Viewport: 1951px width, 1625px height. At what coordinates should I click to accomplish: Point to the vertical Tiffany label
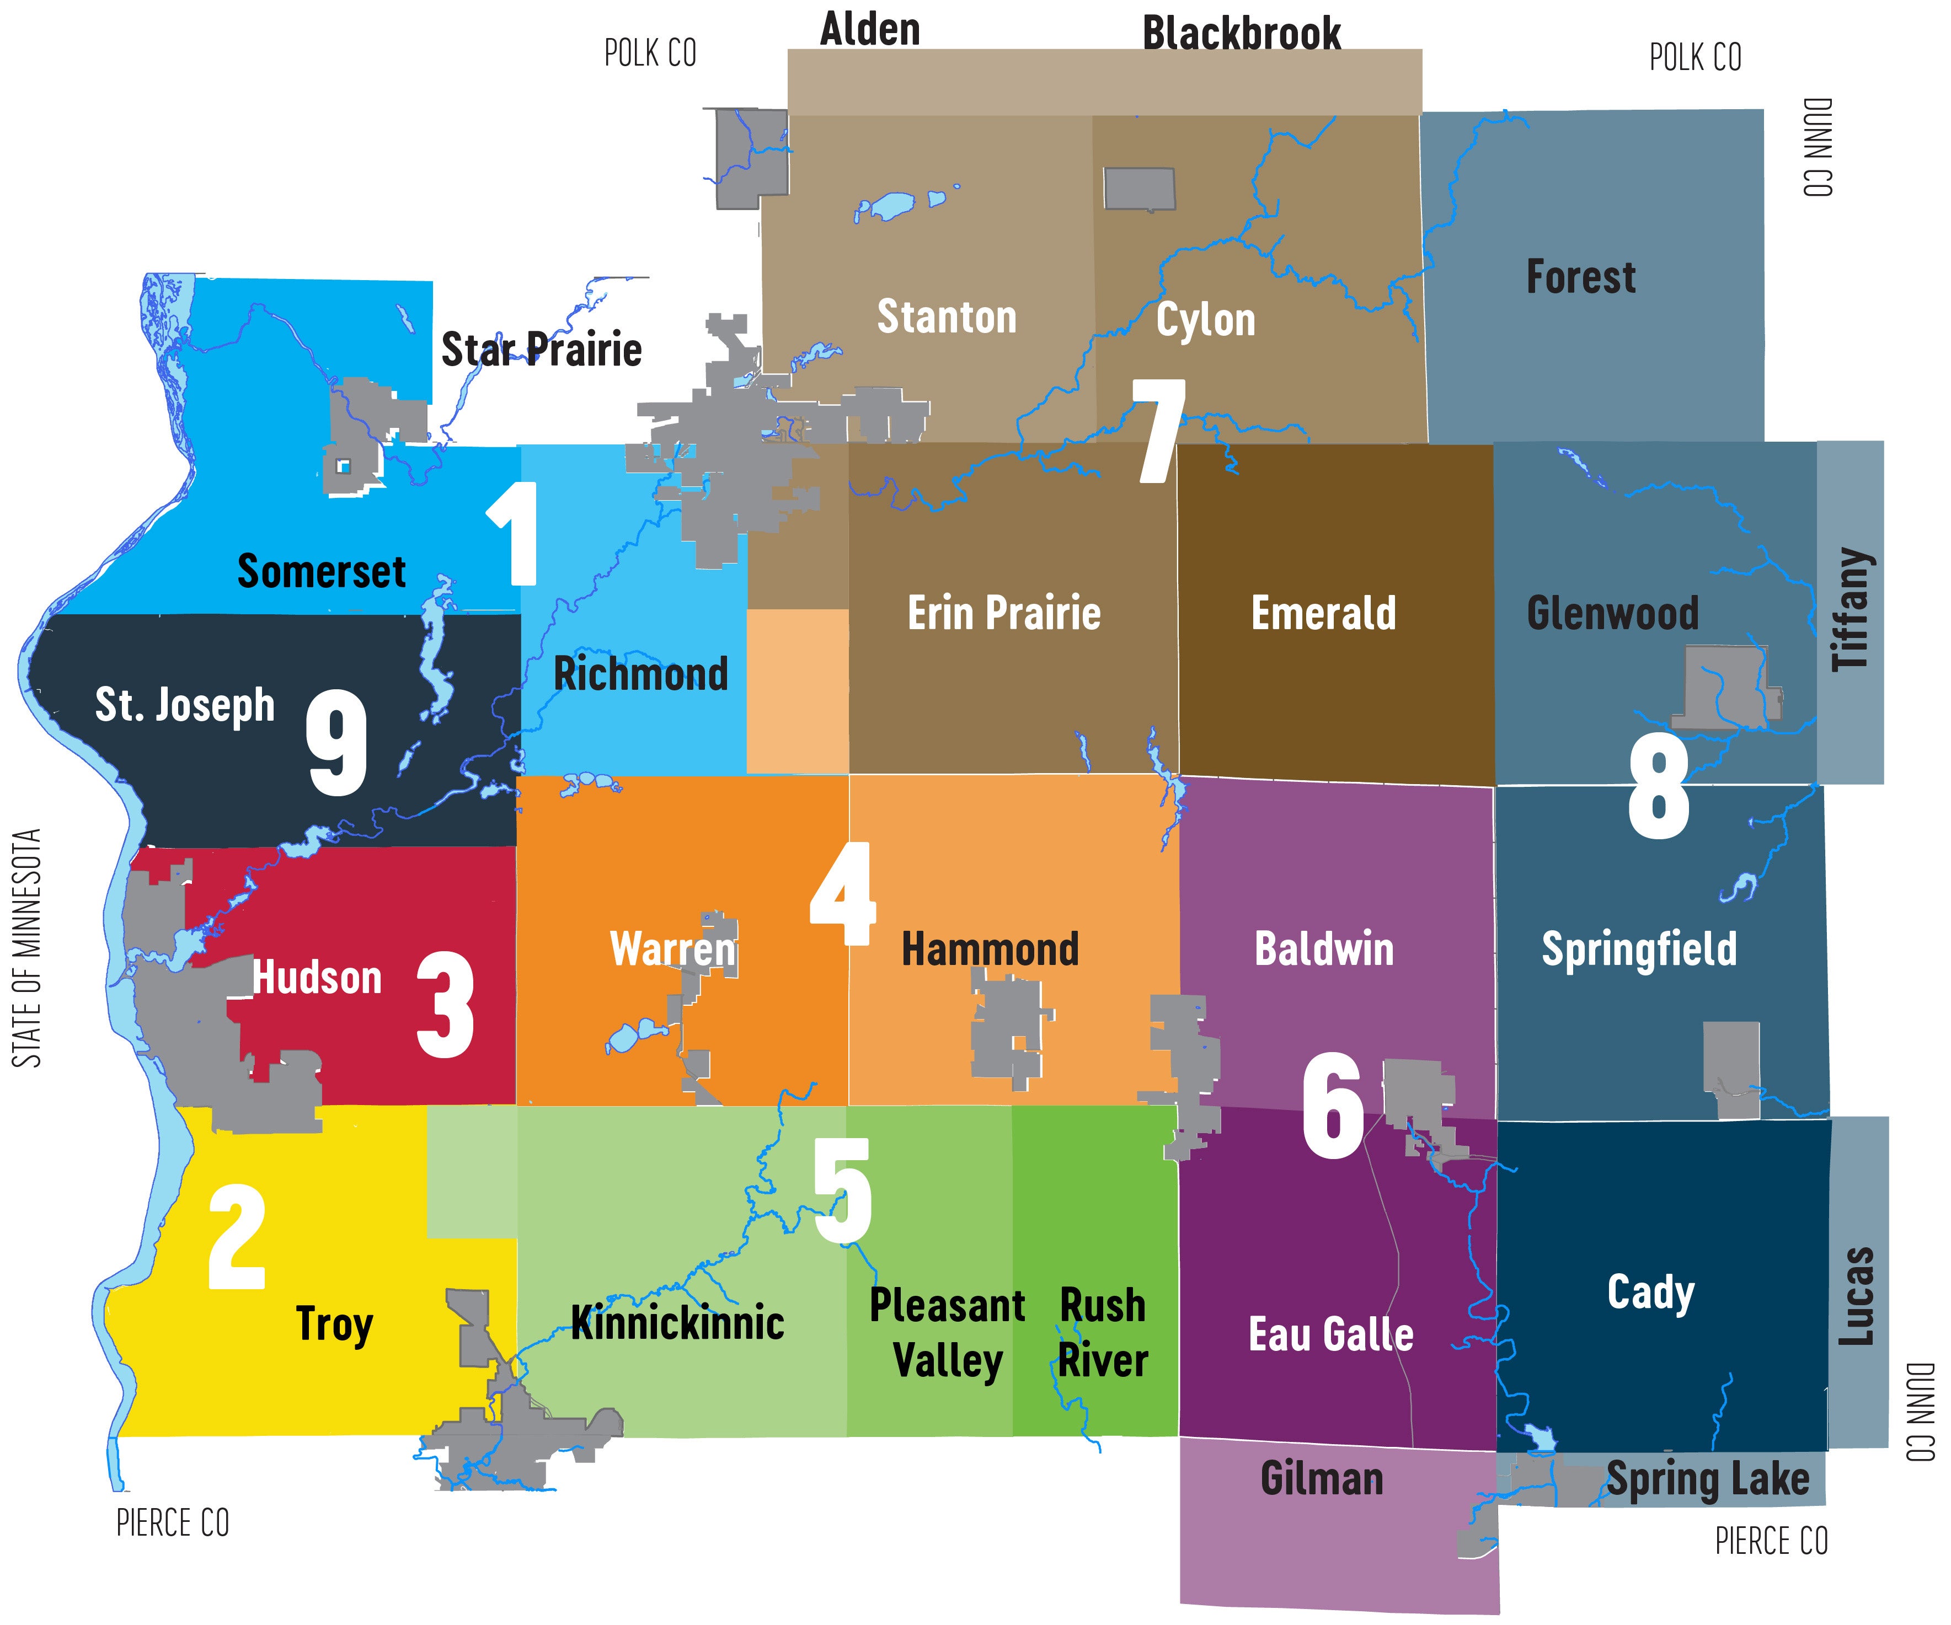(1851, 610)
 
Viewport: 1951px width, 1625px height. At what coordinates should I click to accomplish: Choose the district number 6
(1332, 1107)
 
